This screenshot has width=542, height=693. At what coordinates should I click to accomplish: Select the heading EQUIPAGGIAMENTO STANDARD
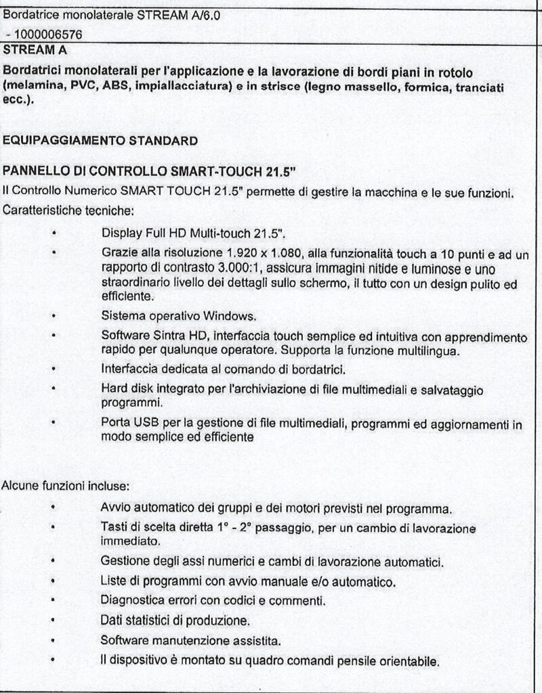click(x=100, y=141)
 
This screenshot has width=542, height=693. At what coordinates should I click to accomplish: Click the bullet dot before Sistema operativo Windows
click(x=53, y=316)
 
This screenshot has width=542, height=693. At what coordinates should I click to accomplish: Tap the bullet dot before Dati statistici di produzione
click(x=53, y=620)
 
